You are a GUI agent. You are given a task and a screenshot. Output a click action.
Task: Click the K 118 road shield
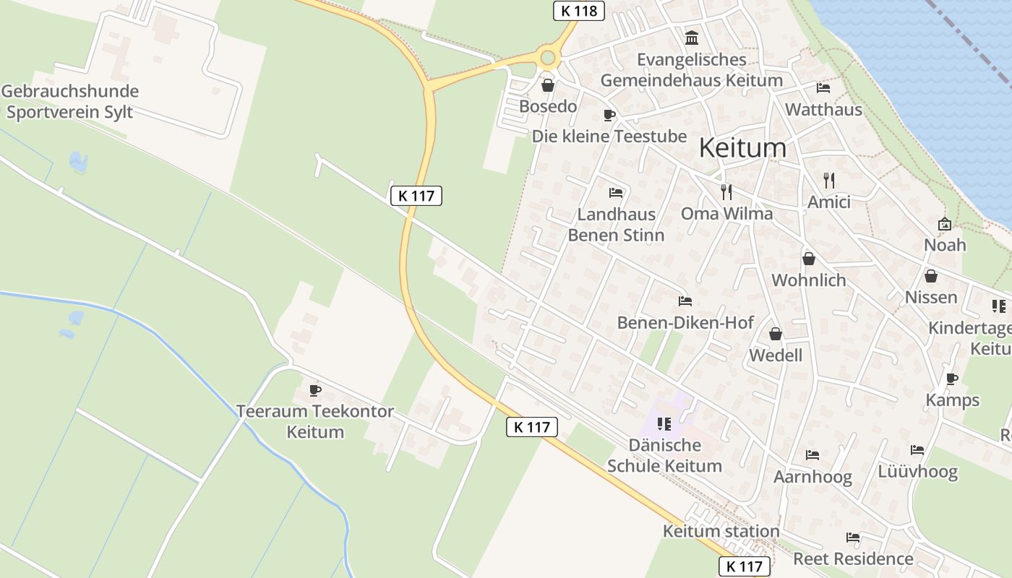click(578, 10)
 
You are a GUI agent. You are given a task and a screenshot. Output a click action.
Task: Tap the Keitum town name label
click(742, 147)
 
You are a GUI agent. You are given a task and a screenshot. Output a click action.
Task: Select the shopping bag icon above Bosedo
click(548, 85)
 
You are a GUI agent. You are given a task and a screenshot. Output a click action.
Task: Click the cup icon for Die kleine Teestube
click(609, 115)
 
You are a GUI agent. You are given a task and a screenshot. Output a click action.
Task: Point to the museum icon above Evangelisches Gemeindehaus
click(692, 38)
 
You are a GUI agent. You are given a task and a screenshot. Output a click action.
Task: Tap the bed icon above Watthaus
click(823, 88)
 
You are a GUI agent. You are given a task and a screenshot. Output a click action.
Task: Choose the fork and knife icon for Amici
click(829, 180)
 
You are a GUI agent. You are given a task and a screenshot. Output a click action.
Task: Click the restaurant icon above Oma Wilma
click(726, 191)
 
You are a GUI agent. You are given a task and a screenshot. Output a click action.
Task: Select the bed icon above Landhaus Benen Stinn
click(616, 192)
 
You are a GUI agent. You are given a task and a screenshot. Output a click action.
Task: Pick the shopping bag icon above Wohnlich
click(809, 258)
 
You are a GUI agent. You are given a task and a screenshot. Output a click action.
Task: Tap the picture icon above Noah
click(944, 224)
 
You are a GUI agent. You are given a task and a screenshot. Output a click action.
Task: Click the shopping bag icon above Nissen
click(931, 276)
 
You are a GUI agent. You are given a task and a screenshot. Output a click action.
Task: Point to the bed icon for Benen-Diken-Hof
click(685, 301)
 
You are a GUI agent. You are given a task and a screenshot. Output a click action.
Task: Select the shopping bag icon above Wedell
click(776, 333)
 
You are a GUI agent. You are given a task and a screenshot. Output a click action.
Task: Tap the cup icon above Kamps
click(952, 379)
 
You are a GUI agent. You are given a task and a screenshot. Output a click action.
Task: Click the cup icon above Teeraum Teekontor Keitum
click(315, 390)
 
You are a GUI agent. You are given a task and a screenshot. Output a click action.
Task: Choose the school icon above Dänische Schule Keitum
click(664, 423)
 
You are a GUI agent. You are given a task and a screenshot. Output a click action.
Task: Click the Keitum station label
click(721, 532)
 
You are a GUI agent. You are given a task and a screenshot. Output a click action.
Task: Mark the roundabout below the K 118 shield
click(548, 58)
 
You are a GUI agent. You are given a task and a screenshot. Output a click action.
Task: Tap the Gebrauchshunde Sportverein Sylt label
click(70, 102)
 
